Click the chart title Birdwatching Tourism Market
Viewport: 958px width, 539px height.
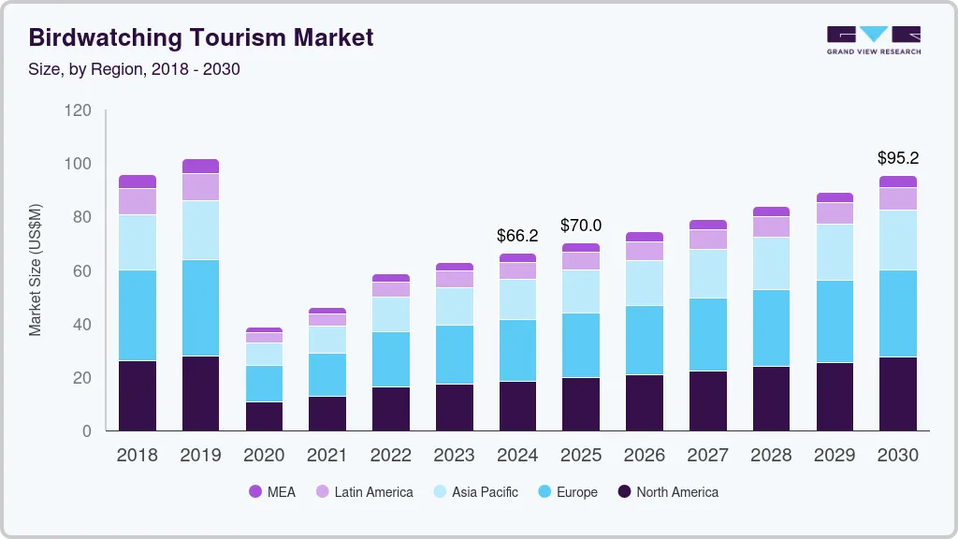click(201, 37)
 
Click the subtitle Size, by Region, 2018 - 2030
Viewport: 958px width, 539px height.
click(140, 68)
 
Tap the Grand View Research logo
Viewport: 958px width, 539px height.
click(873, 39)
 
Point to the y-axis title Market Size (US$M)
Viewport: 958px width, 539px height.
click(36, 269)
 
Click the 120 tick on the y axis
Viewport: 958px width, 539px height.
click(79, 110)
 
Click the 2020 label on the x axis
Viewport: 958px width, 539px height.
click(264, 456)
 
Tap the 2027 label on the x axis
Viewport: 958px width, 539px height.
click(708, 456)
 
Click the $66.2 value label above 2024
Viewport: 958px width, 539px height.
click(517, 236)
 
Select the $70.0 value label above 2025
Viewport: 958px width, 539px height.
click(581, 226)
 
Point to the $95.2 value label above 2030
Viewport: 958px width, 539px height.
click(898, 158)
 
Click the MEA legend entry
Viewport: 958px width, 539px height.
click(272, 492)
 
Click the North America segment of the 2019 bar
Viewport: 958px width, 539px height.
click(200, 393)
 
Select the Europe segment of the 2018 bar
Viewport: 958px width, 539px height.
click(137, 315)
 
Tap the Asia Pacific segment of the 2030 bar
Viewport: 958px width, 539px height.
click(898, 240)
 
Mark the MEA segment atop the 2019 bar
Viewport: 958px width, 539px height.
click(200, 166)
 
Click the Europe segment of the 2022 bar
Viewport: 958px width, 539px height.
click(391, 359)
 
